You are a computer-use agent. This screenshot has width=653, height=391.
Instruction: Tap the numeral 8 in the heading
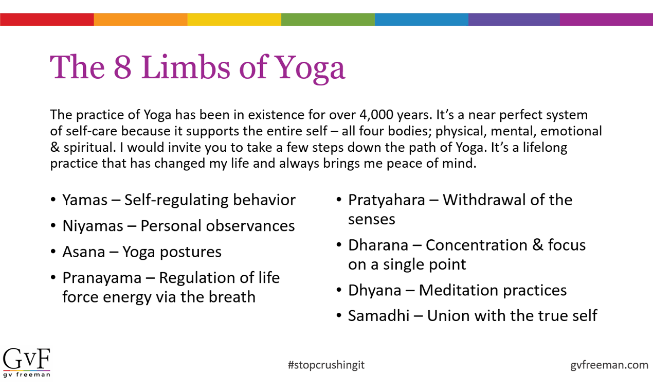pos(122,67)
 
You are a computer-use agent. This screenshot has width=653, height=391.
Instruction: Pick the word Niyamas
pos(93,226)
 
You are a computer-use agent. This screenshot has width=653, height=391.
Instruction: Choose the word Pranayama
pos(102,278)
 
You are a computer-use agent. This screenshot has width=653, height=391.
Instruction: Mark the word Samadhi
pos(378,315)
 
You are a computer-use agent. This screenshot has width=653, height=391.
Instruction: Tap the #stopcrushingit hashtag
pos(326,365)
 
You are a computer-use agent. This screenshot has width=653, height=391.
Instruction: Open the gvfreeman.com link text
pos(609,365)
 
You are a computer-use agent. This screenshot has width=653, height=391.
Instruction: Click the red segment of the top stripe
pos(47,20)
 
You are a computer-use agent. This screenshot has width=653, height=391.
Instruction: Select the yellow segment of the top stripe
pos(234,20)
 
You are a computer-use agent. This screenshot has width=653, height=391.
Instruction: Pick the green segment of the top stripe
pos(328,20)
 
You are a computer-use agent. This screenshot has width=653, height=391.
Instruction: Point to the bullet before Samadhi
pos(339,316)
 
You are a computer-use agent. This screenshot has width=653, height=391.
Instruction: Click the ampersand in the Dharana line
pos(538,245)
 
